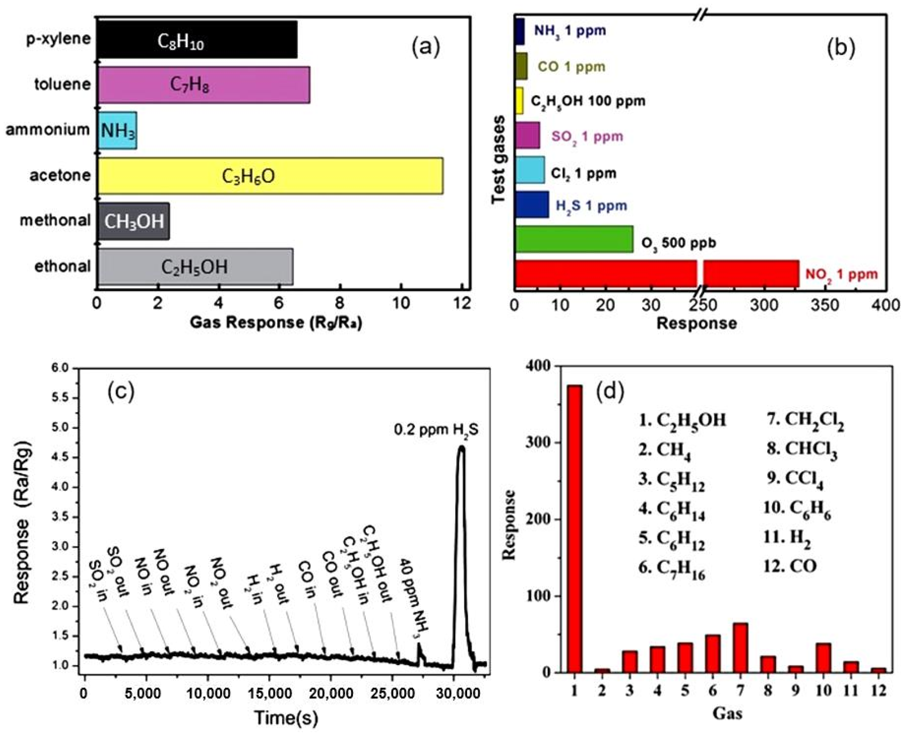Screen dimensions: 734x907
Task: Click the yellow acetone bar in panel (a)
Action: point(271,176)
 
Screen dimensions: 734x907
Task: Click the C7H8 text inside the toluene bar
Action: point(190,85)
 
